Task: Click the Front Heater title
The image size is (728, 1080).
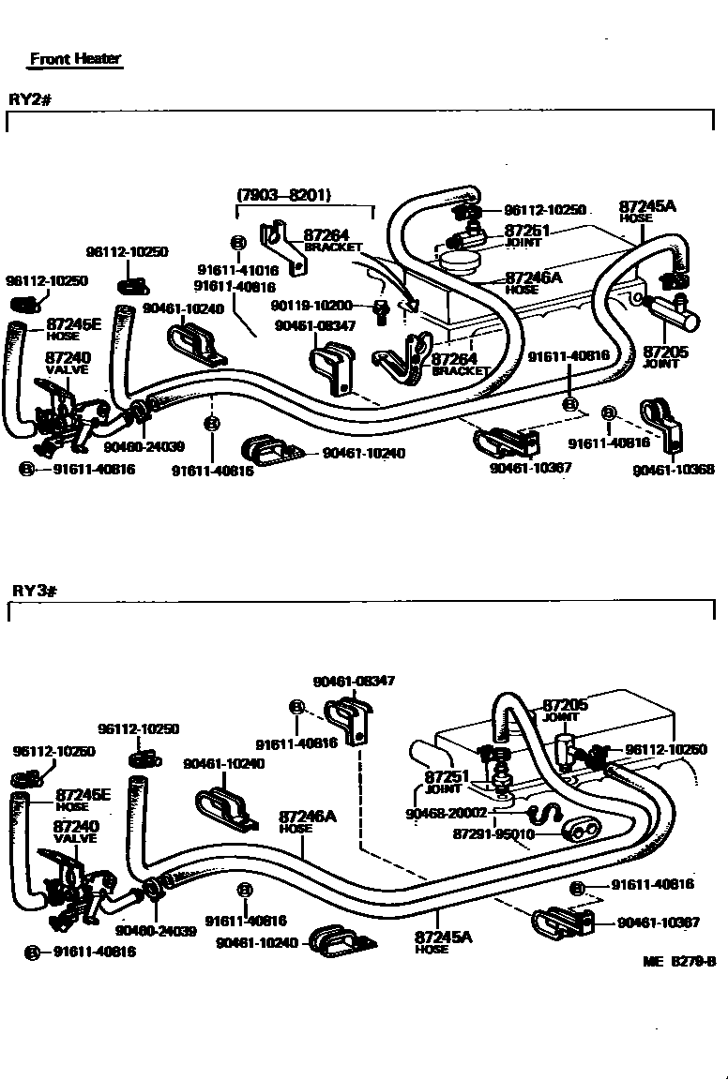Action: tap(75, 58)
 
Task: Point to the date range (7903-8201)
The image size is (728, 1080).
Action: tap(283, 195)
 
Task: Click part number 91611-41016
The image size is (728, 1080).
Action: tap(237, 268)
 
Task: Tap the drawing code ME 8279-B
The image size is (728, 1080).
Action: tap(680, 961)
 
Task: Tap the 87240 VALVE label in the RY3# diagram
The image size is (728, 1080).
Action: tap(75, 832)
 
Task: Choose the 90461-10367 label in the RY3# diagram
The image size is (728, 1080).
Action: tap(659, 922)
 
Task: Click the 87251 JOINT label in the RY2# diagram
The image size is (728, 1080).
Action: tap(523, 235)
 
